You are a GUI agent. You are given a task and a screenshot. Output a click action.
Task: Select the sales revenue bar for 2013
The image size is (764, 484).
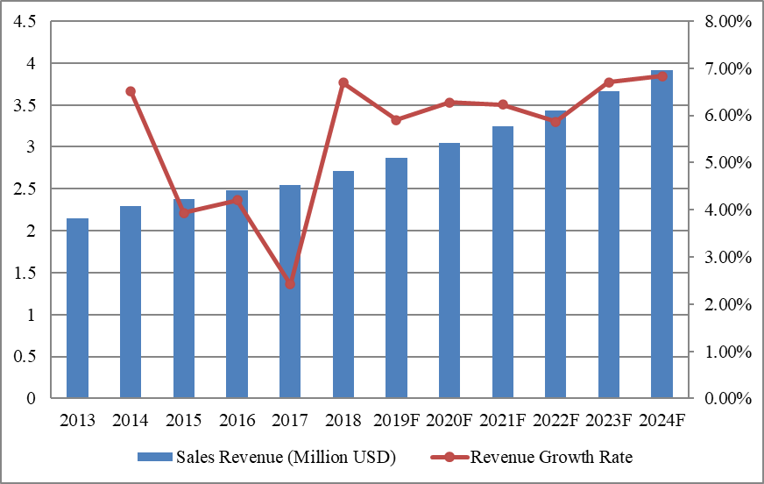(77, 308)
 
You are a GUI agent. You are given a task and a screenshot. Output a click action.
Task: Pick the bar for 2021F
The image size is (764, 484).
(503, 262)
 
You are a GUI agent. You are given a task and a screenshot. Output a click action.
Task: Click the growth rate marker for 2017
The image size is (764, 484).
(290, 284)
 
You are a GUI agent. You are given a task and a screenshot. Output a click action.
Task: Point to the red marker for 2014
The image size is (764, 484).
(131, 91)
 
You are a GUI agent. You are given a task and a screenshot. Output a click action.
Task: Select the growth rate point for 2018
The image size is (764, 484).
(343, 82)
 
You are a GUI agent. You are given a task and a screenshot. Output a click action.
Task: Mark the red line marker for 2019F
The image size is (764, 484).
(396, 120)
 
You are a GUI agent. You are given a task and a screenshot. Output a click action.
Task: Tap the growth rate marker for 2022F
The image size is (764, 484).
(555, 122)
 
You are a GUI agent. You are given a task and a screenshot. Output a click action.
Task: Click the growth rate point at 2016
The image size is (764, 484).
(237, 200)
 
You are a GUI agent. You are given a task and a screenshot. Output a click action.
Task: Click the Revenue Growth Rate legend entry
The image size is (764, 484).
(540, 457)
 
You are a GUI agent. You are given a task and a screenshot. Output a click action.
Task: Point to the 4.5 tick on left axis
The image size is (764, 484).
(25, 22)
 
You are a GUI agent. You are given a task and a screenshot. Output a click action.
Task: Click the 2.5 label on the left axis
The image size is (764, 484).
(25, 189)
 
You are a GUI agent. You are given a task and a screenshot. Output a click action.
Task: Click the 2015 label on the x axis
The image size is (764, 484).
(184, 420)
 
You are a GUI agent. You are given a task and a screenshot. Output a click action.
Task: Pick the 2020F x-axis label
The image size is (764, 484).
(449, 420)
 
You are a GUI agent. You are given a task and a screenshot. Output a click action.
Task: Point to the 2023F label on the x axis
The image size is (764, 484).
(609, 420)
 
